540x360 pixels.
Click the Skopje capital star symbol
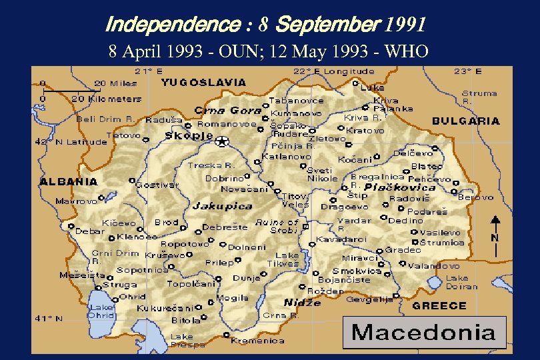pyautogui.click(x=221, y=141)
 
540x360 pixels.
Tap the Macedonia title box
pyautogui.click(x=424, y=332)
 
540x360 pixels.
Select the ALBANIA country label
pyautogui.click(x=69, y=181)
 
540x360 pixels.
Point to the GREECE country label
pyautogui.click(x=439, y=305)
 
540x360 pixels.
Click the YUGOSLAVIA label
pyautogui.click(x=203, y=83)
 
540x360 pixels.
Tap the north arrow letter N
pyautogui.click(x=495, y=237)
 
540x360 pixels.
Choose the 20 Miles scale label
pyautogui.click(x=115, y=83)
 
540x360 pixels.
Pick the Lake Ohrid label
pyautogui.click(x=101, y=311)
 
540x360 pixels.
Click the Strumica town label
pyautogui.click(x=443, y=243)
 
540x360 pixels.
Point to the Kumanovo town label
pyautogui.click(x=297, y=113)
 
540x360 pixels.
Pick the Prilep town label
pyautogui.click(x=219, y=263)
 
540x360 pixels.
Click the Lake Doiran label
pyautogui.click(x=461, y=282)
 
